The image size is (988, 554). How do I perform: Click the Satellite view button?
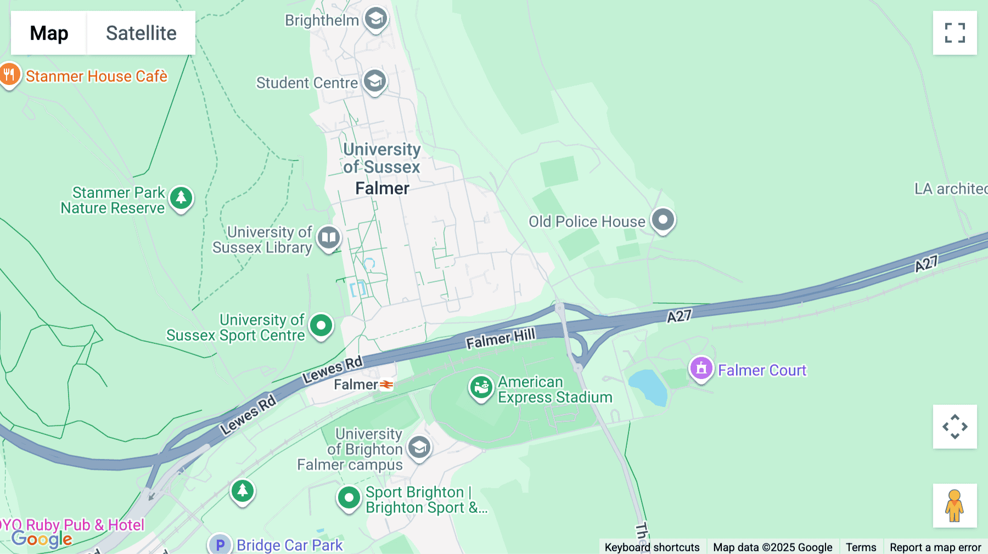(141, 33)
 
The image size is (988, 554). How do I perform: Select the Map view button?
(49, 33)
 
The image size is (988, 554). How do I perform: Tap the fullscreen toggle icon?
(955, 33)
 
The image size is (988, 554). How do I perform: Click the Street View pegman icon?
(955, 506)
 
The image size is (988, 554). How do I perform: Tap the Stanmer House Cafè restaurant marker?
(9, 74)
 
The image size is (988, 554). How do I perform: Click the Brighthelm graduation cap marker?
(376, 19)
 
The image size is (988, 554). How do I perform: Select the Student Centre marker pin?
(375, 81)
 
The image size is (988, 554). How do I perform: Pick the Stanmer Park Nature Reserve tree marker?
(181, 198)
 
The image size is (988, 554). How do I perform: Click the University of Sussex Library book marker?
(329, 238)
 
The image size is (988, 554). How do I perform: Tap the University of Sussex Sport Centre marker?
(321, 326)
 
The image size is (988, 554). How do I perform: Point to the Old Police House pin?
(663, 220)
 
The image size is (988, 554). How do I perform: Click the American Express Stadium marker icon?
(481, 387)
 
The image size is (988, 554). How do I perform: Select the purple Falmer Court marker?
(701, 369)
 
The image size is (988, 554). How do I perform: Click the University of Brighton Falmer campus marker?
(419, 448)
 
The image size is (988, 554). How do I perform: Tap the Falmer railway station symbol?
(386, 385)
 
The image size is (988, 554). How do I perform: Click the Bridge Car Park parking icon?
(220, 544)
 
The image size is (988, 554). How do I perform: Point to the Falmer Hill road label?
(500, 338)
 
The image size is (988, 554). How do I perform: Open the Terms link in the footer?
(861, 547)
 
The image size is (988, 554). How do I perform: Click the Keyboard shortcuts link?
(652, 547)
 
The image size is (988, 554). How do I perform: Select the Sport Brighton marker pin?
(349, 498)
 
